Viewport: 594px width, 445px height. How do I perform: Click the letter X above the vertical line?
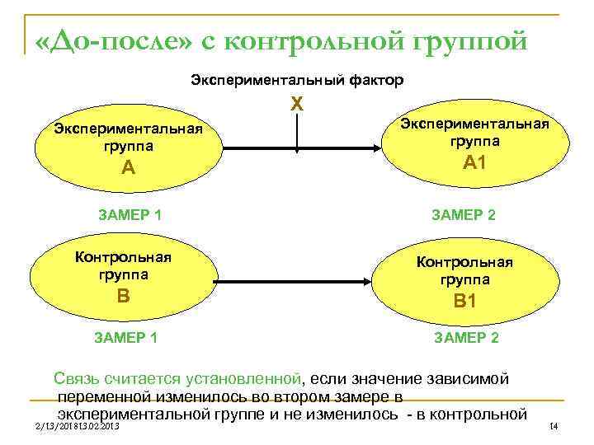[298, 105]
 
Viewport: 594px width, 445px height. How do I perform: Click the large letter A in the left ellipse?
[127, 168]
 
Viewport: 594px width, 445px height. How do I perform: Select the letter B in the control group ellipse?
[124, 294]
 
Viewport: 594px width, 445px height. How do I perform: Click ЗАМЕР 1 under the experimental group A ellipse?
[130, 216]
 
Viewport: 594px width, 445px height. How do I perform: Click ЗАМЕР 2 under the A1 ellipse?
[464, 216]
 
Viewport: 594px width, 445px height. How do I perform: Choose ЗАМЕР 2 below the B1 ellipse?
[464, 338]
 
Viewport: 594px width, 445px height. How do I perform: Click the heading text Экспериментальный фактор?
[297, 81]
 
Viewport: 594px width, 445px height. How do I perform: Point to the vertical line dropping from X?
[297, 132]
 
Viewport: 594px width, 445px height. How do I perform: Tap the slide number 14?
[554, 426]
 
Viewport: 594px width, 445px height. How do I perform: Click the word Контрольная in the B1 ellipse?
[464, 262]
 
